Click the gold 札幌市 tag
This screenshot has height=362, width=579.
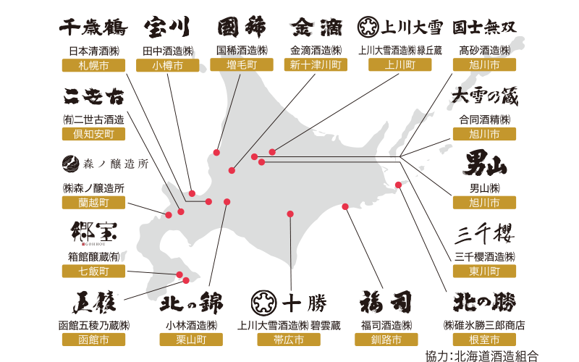93,64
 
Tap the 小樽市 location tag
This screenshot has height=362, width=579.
168,64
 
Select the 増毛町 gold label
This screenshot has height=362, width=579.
244,64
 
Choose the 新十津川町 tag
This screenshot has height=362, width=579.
318,64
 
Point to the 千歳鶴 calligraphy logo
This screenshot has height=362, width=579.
93,28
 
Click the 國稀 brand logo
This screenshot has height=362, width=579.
242,28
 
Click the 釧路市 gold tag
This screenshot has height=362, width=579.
387,339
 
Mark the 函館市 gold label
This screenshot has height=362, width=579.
93,339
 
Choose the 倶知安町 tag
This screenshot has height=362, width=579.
93,134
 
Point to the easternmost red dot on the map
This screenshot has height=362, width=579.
399,186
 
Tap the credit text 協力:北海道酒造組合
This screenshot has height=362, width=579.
491,355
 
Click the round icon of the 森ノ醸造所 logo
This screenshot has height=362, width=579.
70,163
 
